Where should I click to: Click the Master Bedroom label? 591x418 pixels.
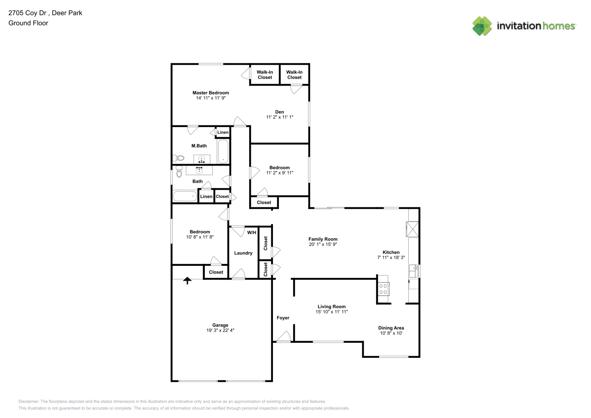click(x=211, y=93)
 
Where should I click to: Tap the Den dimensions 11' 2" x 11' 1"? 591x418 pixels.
click(x=279, y=117)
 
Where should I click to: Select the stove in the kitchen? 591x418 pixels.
click(x=383, y=289)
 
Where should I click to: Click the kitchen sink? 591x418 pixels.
click(x=413, y=271)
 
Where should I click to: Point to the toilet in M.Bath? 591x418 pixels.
click(x=178, y=158)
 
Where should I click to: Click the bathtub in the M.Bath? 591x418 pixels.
click(x=223, y=151)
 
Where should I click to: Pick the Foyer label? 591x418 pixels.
click(x=283, y=318)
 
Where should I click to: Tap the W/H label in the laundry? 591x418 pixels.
click(x=252, y=232)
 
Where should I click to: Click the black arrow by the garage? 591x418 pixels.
click(x=187, y=280)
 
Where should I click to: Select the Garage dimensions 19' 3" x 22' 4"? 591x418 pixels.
click(x=220, y=330)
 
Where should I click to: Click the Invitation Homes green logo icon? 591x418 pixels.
click(x=482, y=26)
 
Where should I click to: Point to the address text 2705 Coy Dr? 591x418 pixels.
click(x=27, y=13)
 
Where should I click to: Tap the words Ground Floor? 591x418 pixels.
click(x=28, y=23)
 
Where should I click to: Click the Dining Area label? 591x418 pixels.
click(x=391, y=328)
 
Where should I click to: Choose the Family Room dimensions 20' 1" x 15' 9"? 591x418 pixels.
click(x=323, y=244)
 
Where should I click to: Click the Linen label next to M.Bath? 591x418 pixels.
click(x=223, y=132)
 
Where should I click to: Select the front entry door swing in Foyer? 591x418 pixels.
click(x=284, y=336)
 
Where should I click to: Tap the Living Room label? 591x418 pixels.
click(x=331, y=306)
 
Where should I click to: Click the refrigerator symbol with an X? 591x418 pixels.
click(x=412, y=229)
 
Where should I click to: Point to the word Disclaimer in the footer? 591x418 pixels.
click(x=28, y=401)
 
